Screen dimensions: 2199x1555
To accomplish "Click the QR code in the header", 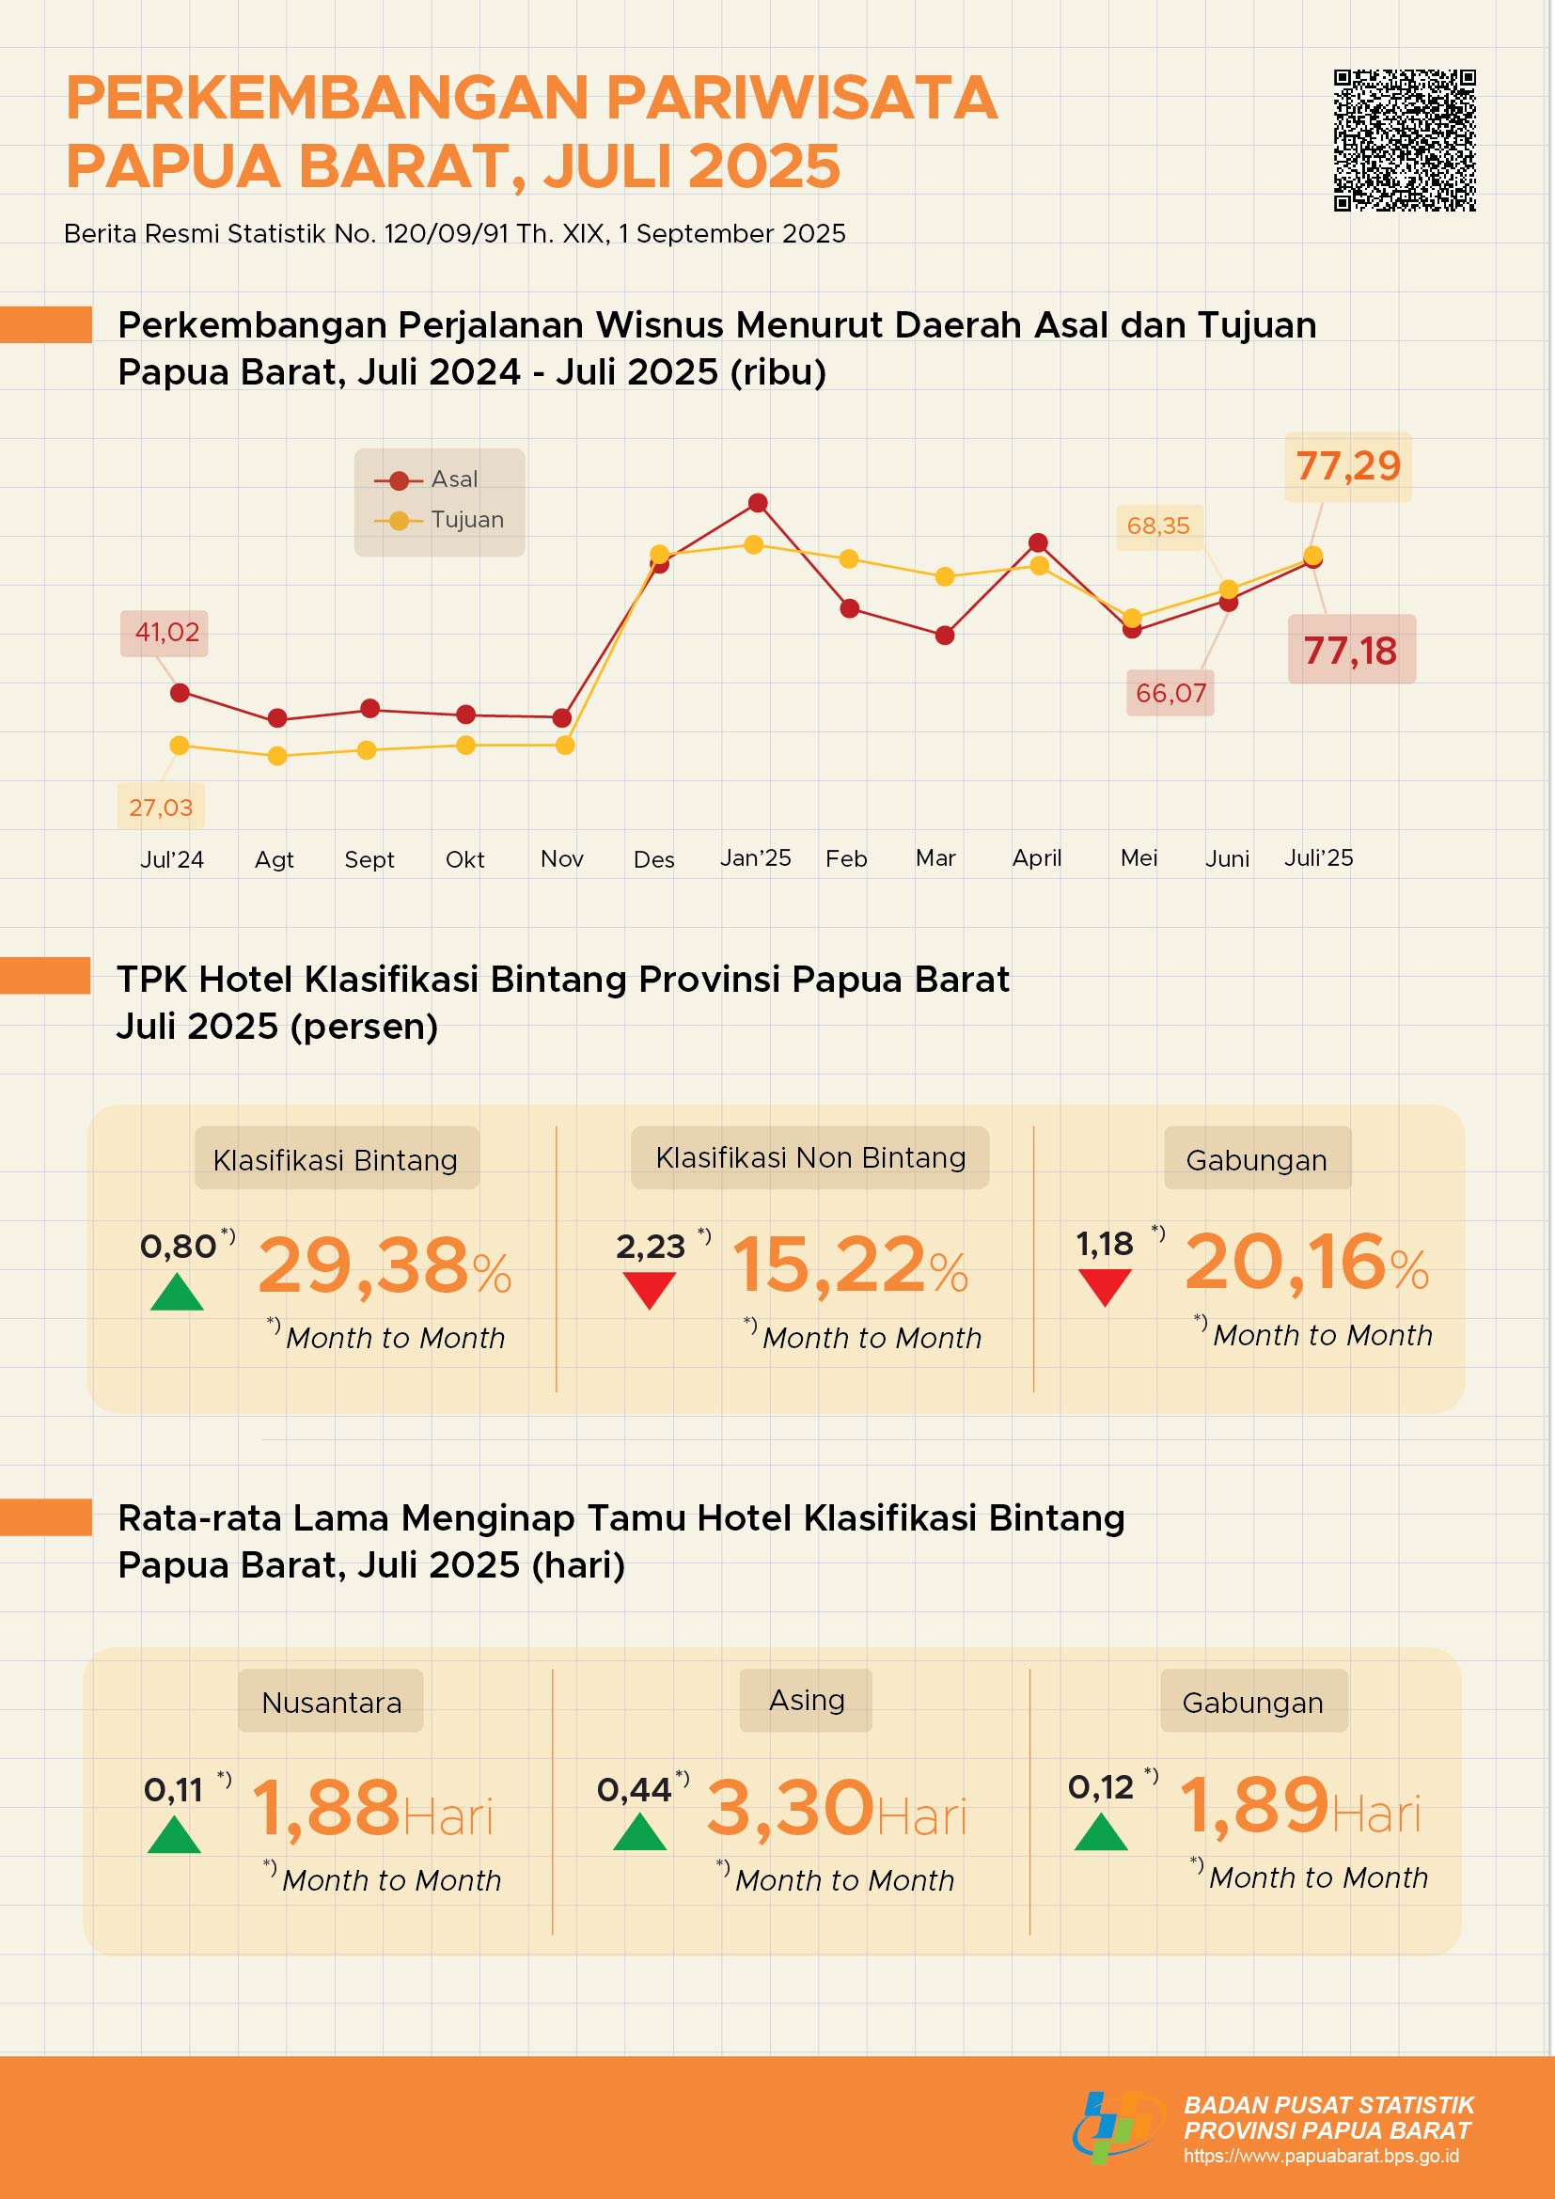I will (1405, 140).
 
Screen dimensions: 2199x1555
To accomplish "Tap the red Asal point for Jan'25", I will (758, 503).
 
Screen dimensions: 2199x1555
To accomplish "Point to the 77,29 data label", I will (1347, 466).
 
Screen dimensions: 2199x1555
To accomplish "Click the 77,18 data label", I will (1350, 651).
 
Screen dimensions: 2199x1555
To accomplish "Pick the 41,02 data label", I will (166, 632).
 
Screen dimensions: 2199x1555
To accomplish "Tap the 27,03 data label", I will (161, 808).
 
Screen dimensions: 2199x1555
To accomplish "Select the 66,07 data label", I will (1170, 694).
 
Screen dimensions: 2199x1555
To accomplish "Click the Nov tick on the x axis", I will (562, 859).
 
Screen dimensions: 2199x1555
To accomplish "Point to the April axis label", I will (1037, 858).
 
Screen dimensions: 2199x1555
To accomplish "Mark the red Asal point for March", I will (944, 635).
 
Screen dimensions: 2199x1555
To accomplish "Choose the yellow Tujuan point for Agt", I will (276, 756).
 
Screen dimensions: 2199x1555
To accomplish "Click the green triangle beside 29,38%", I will (177, 1292).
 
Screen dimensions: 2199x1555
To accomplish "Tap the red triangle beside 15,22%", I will (650, 1289).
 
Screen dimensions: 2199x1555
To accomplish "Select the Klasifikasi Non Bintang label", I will (810, 1158).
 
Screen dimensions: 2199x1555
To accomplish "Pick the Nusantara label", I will (331, 1703).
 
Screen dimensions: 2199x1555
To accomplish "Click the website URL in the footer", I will (1320, 2156).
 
